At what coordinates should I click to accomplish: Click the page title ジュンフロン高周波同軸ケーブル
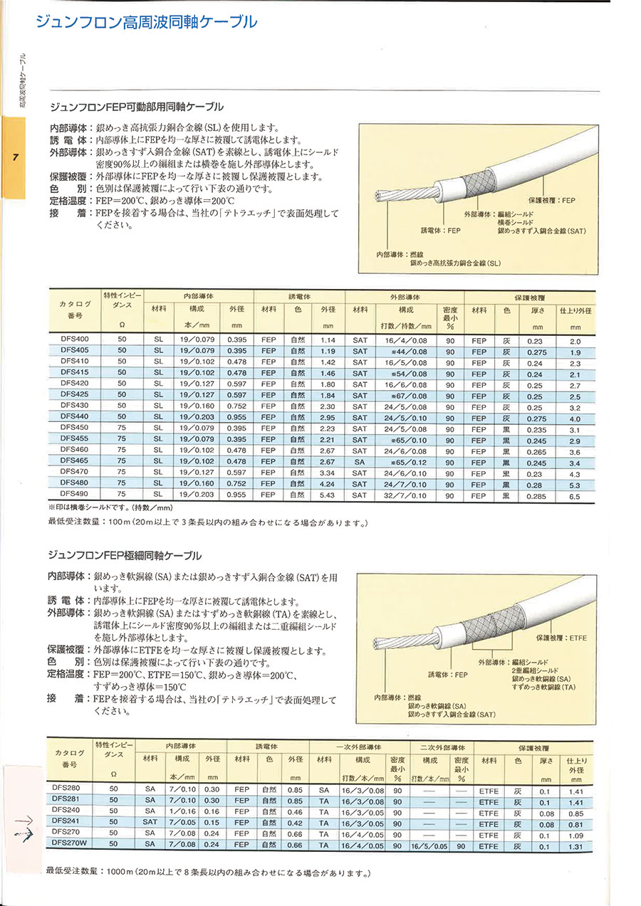(146, 22)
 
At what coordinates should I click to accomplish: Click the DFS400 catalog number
(75, 340)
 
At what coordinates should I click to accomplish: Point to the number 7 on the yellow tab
(14, 157)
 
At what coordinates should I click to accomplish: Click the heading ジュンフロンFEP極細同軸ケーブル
(124, 555)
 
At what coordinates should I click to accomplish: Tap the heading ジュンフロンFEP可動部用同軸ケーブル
(135, 107)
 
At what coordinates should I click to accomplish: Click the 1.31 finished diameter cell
(575, 846)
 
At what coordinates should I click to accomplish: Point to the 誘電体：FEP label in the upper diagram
(441, 231)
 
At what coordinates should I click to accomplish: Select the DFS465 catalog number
(75, 460)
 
